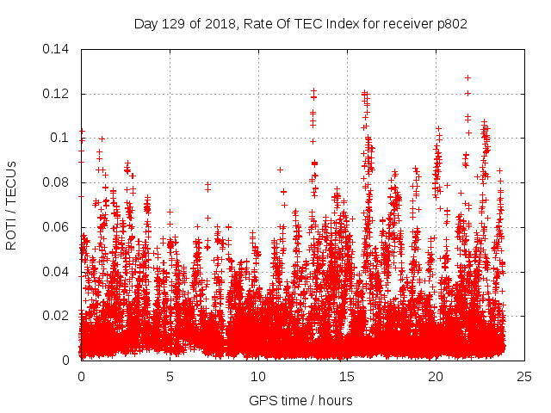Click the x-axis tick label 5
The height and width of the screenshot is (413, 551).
coord(170,376)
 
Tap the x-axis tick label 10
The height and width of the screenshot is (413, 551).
coord(258,376)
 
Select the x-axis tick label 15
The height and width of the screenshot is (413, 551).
coord(347,376)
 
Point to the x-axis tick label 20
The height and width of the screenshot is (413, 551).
coord(436,376)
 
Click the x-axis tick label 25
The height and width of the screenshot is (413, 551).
coord(524,376)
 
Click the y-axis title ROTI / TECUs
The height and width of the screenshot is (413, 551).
coord(11,205)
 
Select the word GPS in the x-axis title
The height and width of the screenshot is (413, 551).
coord(262,400)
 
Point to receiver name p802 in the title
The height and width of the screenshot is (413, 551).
coord(452,24)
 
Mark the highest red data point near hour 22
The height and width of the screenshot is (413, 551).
coord(467,77)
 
